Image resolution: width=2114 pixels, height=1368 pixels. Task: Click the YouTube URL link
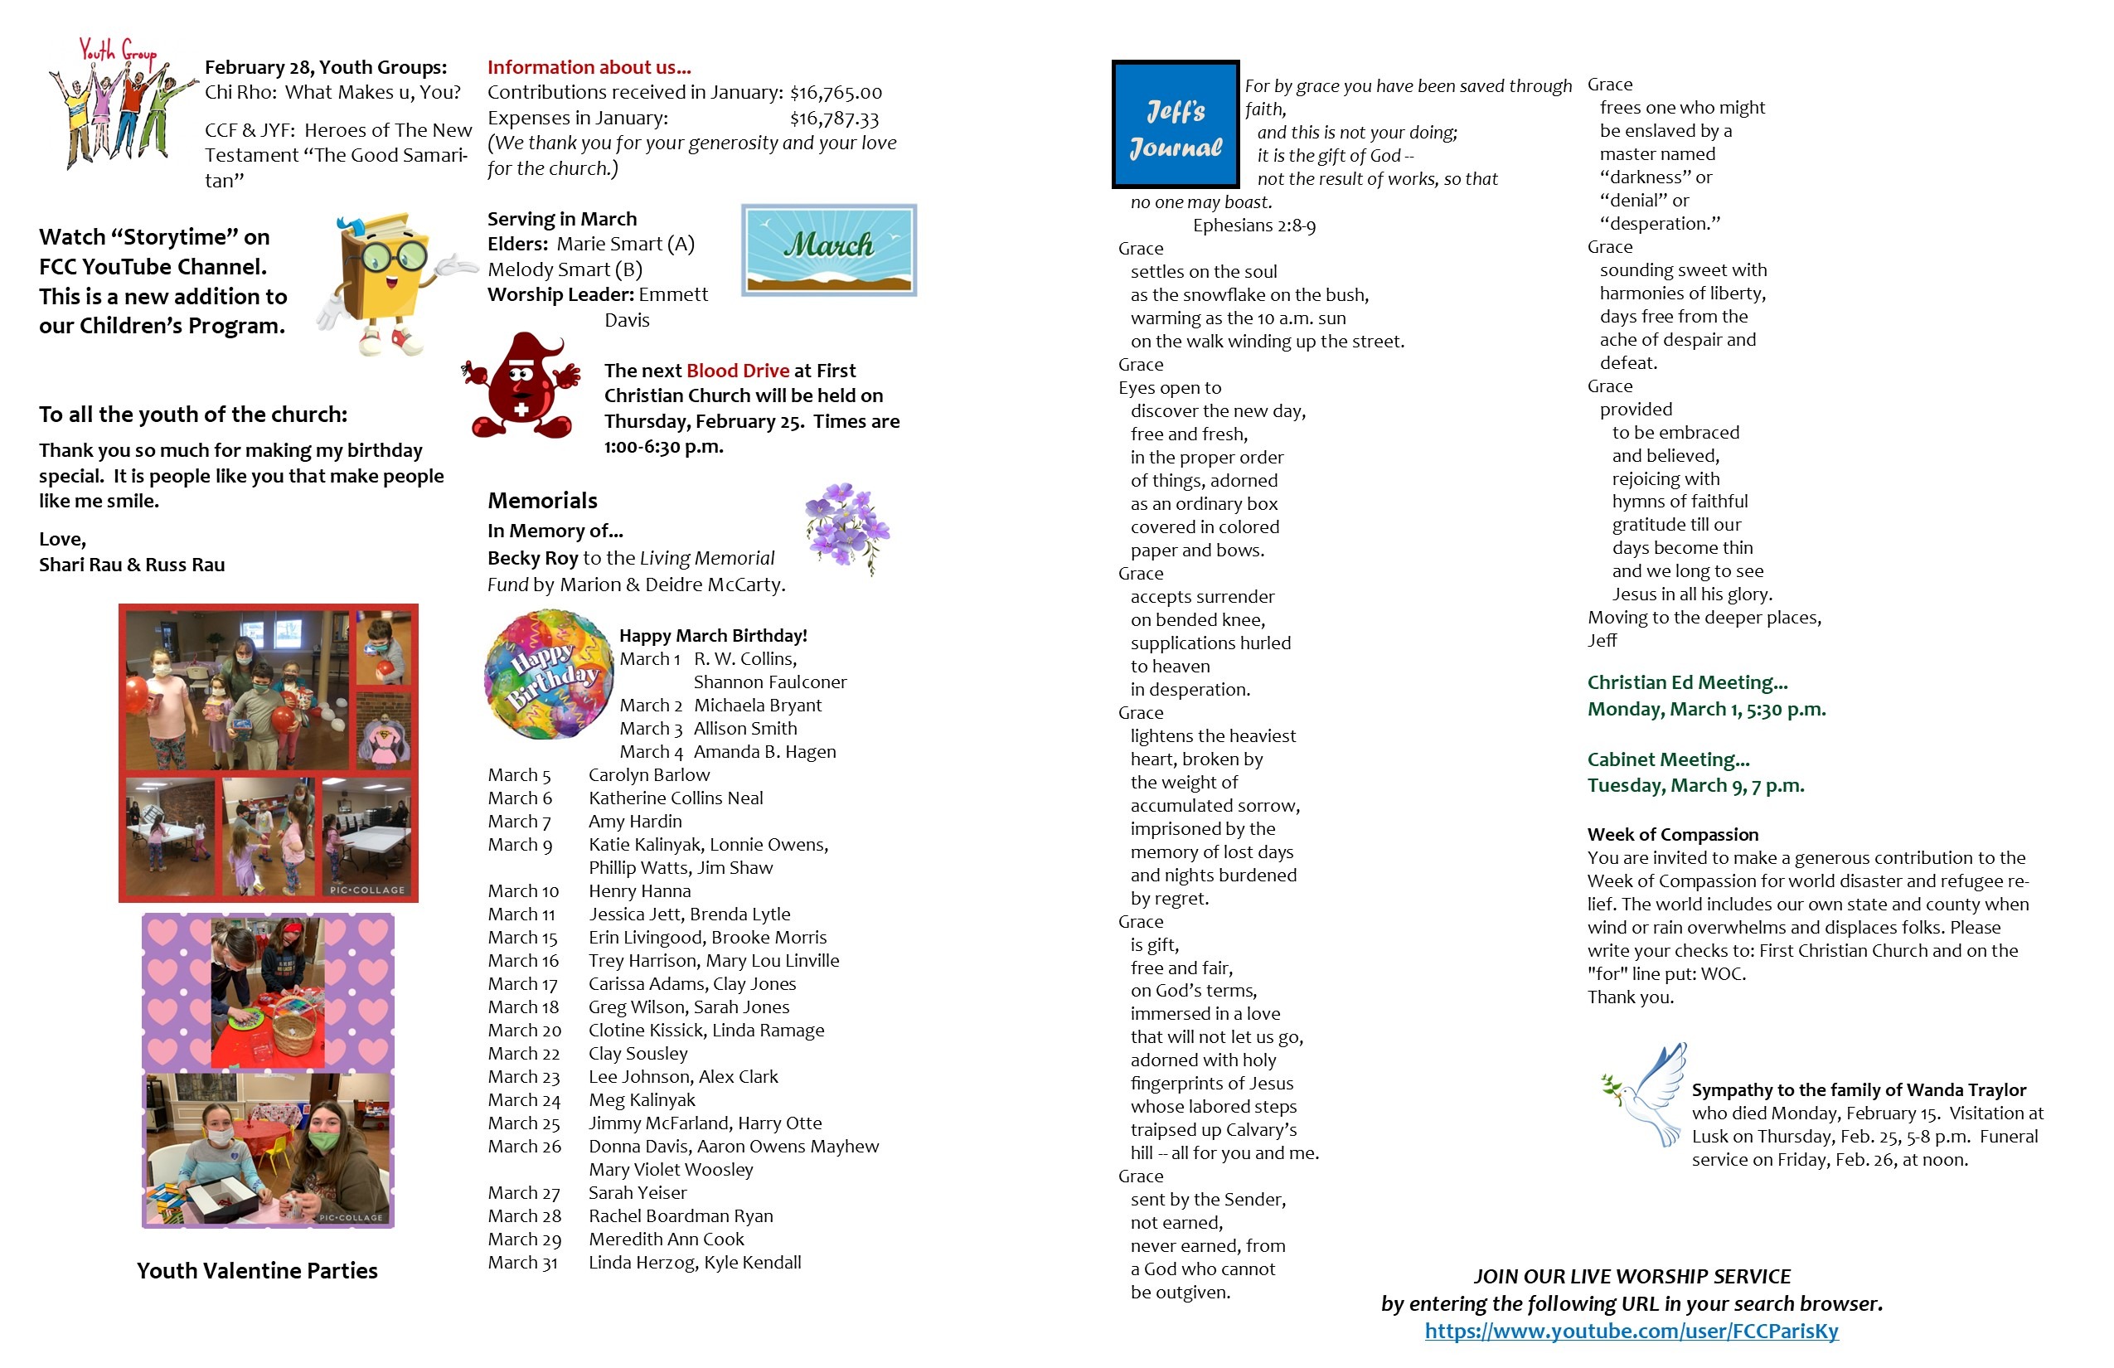[x=1631, y=1331]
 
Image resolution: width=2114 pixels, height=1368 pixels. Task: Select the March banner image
[x=829, y=250]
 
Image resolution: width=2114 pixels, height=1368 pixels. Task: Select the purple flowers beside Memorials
[x=846, y=526]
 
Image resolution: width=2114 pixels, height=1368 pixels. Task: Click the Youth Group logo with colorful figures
[x=120, y=102]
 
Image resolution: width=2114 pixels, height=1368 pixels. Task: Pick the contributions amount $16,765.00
[x=836, y=92]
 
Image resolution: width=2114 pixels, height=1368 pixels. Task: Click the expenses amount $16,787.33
[x=834, y=118]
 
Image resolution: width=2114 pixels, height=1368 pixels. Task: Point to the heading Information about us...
[x=589, y=67]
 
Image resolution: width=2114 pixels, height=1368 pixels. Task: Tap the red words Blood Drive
[x=737, y=371]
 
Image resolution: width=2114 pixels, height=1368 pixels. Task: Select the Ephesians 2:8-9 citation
[x=1253, y=226]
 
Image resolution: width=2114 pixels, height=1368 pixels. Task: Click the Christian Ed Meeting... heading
[x=1687, y=682]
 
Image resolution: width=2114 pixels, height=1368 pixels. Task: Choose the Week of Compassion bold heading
[x=1673, y=834]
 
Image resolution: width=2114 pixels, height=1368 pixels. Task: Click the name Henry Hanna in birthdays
[x=639, y=891]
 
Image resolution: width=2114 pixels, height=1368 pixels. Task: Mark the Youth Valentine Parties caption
[x=257, y=1270]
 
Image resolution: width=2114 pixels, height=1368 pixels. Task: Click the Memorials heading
[x=542, y=500]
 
